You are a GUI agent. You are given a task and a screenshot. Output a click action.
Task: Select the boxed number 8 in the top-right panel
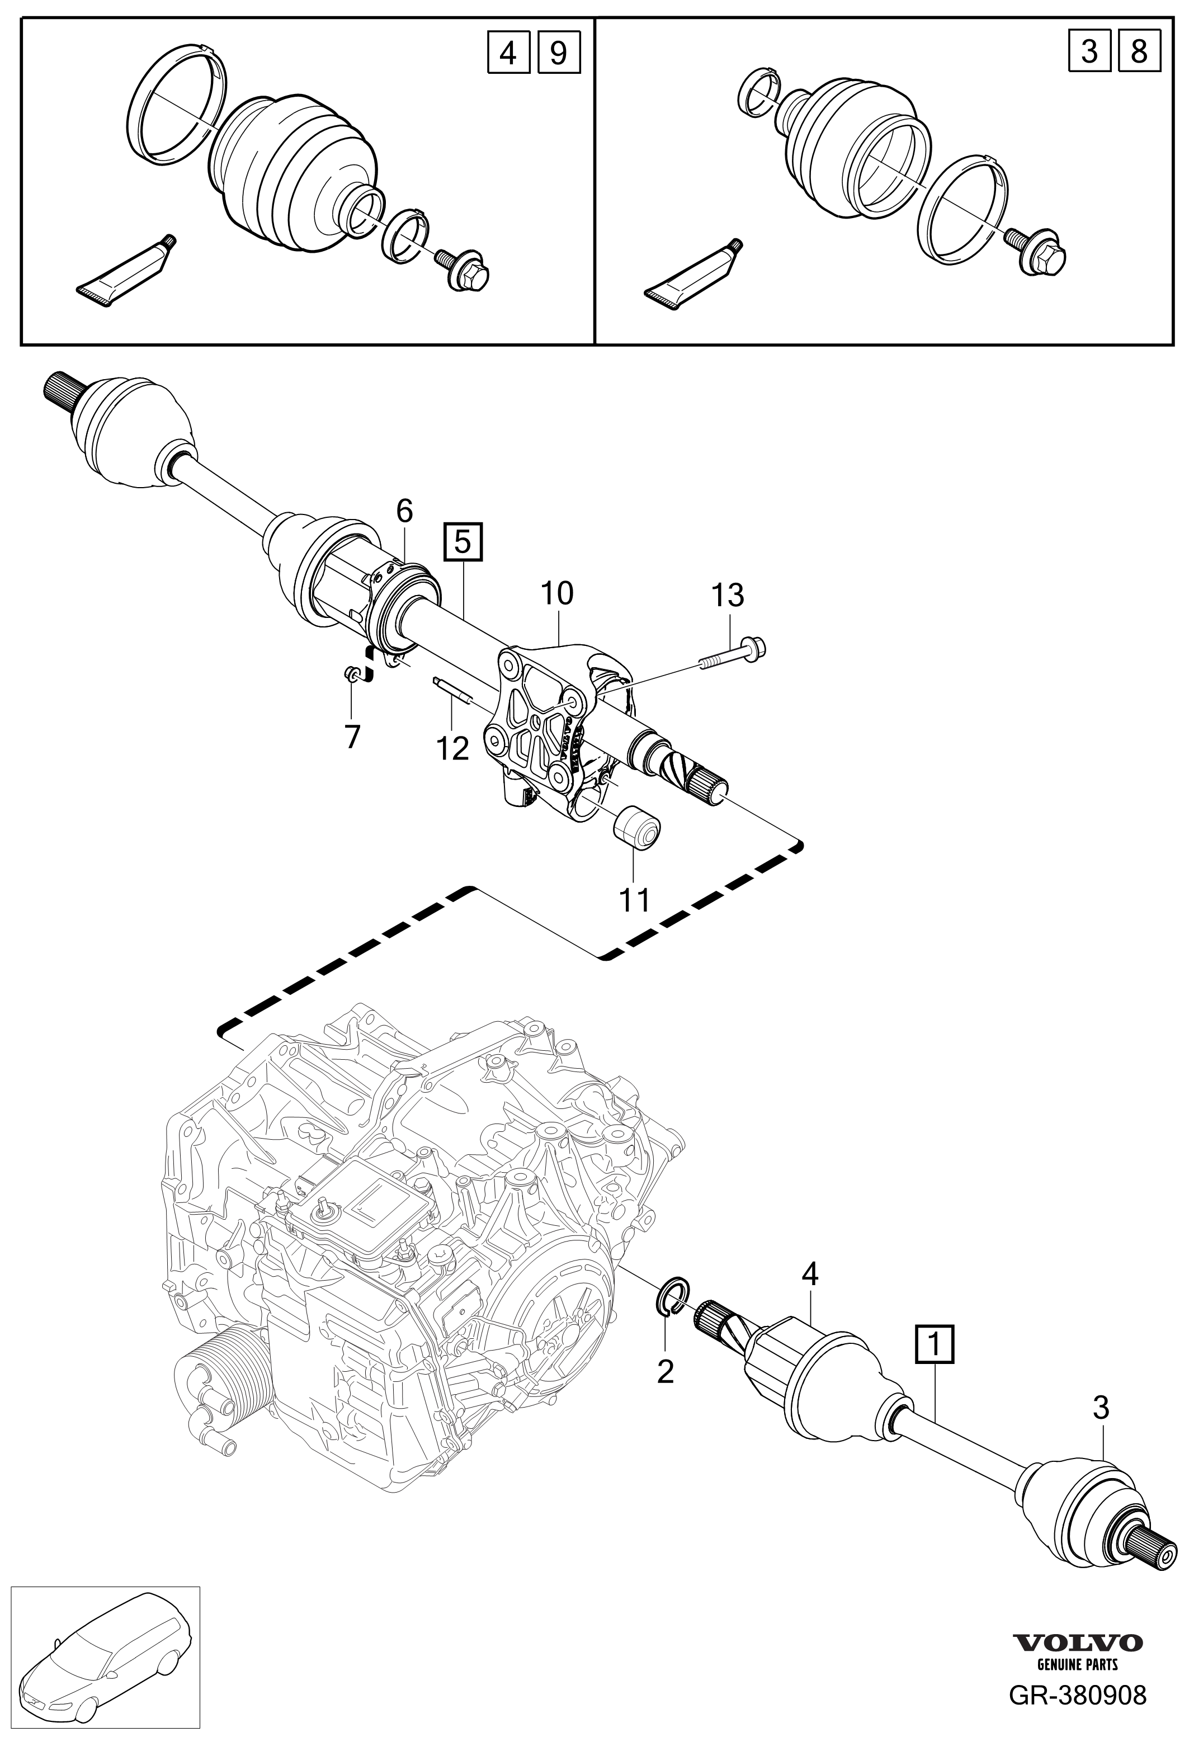[1138, 53]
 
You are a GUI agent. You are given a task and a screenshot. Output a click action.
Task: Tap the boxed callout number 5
[463, 542]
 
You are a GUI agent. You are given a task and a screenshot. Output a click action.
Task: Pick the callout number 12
[452, 747]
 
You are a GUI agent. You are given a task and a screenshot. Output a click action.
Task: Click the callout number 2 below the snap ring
[664, 1371]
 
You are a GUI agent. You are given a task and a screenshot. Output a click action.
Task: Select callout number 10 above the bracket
[557, 593]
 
